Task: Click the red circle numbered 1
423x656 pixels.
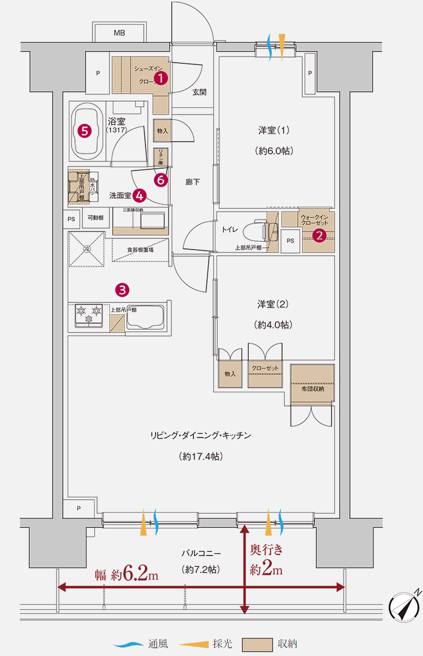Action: [161, 78]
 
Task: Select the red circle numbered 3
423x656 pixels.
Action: [122, 290]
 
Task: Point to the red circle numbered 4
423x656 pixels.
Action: [139, 195]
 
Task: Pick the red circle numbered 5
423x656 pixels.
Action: [85, 131]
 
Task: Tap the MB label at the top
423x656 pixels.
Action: [119, 33]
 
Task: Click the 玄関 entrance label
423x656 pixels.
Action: [199, 91]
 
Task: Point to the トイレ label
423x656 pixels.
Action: [230, 230]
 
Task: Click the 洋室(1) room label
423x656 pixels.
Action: [274, 130]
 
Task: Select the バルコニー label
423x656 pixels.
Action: [201, 554]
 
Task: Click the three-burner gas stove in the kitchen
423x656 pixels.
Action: [89, 315]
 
